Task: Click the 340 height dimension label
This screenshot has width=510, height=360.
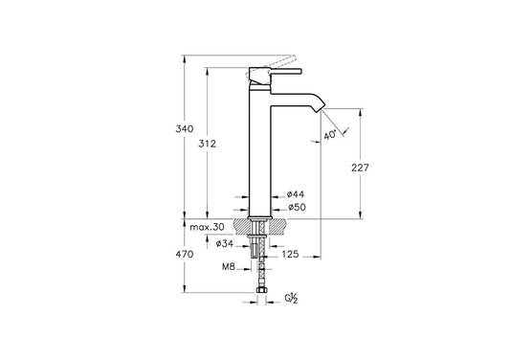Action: pyautogui.click(x=185, y=129)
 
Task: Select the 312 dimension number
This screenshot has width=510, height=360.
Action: pyautogui.click(x=208, y=144)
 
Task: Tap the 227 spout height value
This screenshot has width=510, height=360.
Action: pyautogui.click(x=360, y=168)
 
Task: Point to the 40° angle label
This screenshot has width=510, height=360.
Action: pyautogui.click(x=330, y=135)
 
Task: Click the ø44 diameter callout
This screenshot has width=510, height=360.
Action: pyautogui.click(x=296, y=194)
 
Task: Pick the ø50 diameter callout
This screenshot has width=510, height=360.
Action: pyautogui.click(x=298, y=207)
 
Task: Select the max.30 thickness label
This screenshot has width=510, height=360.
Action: pyautogui.click(x=208, y=227)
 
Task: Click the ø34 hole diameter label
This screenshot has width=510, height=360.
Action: pyautogui.click(x=225, y=243)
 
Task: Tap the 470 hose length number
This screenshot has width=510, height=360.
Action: pyautogui.click(x=185, y=255)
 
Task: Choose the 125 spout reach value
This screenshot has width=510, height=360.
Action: pyautogui.click(x=290, y=254)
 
